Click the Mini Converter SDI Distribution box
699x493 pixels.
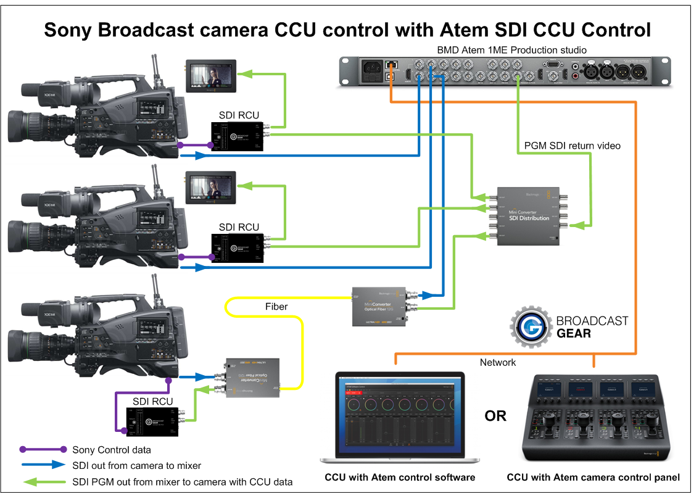click(524, 215)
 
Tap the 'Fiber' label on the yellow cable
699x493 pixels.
click(276, 306)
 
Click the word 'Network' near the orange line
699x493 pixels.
click(497, 362)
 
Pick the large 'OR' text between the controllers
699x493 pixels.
click(495, 415)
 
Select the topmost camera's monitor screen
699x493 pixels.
click(210, 77)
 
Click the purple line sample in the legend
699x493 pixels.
click(43, 449)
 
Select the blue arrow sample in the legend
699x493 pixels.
click(43, 465)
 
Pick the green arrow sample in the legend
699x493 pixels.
click(43, 481)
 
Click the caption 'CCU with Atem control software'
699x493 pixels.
click(400, 477)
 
